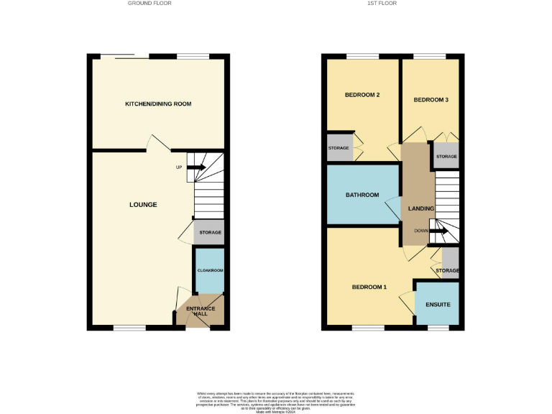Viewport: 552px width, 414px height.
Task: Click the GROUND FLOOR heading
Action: tap(149, 4)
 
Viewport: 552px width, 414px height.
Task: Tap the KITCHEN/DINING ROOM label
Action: tap(158, 104)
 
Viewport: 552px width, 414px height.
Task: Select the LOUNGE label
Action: tap(143, 205)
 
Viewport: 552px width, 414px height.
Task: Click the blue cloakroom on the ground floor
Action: tap(210, 270)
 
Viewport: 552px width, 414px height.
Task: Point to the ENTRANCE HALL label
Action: tap(201, 311)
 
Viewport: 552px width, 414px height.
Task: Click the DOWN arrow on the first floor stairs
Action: tap(441, 231)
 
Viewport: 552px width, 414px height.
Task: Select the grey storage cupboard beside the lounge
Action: tap(210, 233)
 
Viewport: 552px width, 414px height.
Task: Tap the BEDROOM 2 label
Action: tap(362, 95)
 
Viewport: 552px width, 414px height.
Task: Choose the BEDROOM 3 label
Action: tap(431, 99)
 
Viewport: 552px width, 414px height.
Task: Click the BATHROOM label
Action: tap(362, 195)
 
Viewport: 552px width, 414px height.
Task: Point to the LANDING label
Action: tap(420, 208)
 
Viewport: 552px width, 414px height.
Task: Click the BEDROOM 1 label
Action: tap(369, 287)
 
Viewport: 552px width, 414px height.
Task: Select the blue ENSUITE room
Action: tap(437, 304)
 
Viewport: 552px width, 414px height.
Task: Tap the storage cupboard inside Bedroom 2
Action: tap(339, 148)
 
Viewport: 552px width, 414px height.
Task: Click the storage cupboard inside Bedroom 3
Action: tap(446, 157)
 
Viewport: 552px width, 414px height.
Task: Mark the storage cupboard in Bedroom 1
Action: tap(450, 264)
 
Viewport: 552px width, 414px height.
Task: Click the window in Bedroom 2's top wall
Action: tap(362, 57)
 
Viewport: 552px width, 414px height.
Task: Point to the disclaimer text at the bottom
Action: tap(276, 402)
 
